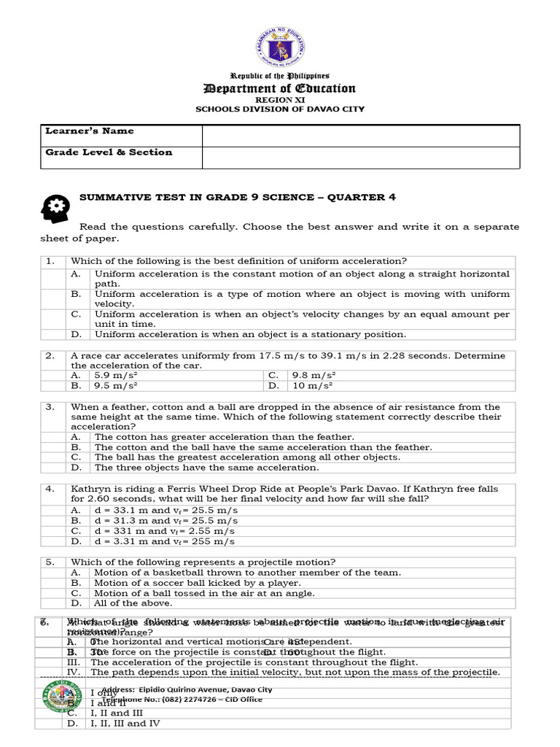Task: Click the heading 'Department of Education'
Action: pyautogui.click(x=280, y=88)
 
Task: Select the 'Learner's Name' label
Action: pyautogui.click(x=90, y=131)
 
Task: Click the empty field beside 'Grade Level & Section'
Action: pyautogui.click(x=360, y=157)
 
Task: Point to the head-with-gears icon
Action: pyautogui.click(x=55, y=209)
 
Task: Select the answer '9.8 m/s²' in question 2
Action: pyautogui.click(x=312, y=375)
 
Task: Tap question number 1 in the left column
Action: pyautogui.click(x=50, y=261)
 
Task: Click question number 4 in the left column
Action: pyautogui.click(x=50, y=489)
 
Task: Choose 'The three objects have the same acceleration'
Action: pyautogui.click(x=206, y=468)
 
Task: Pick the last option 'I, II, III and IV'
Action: pyautogui.click(x=125, y=724)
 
